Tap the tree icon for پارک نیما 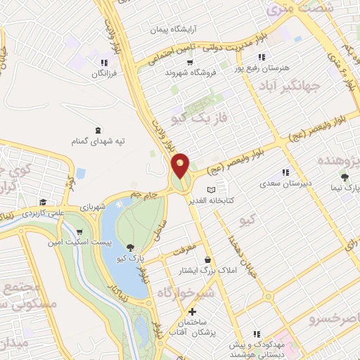pyautogui.click(x=344, y=177)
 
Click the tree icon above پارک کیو pyautogui.click(x=131, y=246)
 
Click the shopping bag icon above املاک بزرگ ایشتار pyautogui.click(x=207, y=259)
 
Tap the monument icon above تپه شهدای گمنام pyautogui.click(x=97, y=129)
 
